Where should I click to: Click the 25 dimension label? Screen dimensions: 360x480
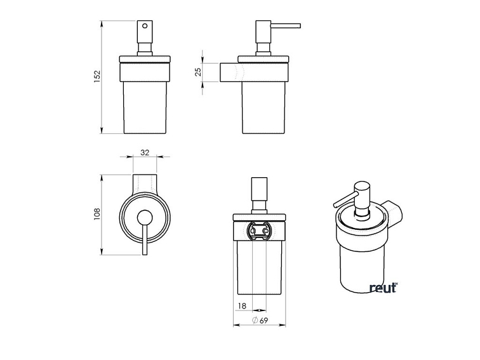point(197,72)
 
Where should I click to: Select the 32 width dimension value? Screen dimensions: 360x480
point(145,152)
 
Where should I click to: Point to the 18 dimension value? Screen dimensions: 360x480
point(241,307)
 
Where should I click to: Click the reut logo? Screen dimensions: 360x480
point(383,288)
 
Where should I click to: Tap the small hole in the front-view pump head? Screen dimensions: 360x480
point(144,27)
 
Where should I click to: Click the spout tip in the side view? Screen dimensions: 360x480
point(298,26)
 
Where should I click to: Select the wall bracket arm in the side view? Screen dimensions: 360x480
point(229,73)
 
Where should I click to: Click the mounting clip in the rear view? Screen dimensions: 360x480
point(258,230)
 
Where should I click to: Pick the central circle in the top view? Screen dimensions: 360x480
point(145,216)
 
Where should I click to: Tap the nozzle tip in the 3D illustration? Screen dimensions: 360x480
point(334,205)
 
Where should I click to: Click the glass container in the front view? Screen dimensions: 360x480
point(144,105)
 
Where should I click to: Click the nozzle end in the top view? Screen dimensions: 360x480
point(145,253)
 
